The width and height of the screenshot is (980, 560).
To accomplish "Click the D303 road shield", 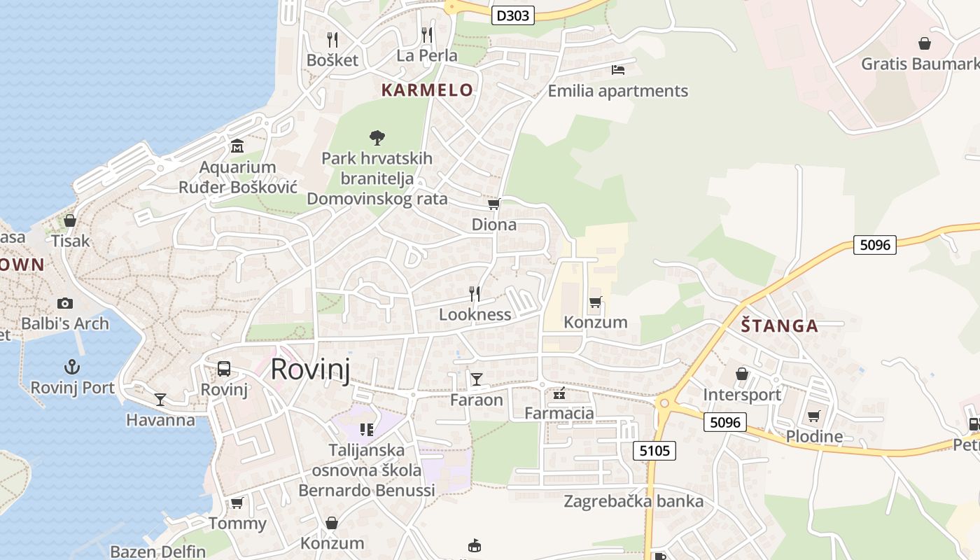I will [x=513, y=15].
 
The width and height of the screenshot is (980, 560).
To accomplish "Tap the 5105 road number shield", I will [x=654, y=451].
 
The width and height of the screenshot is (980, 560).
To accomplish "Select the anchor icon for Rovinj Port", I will [x=71, y=367].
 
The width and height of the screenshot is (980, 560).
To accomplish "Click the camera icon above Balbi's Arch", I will [x=65, y=303].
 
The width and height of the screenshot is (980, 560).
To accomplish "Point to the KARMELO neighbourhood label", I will [x=427, y=90].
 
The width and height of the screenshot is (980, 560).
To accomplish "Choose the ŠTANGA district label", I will [x=779, y=325].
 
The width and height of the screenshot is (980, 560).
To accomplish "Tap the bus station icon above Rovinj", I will [x=224, y=369].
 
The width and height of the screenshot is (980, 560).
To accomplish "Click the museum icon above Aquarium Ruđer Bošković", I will [x=237, y=146].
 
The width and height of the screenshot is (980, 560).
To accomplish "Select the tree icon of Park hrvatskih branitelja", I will [x=377, y=137].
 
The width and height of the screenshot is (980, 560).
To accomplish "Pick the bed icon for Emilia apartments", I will [x=617, y=69].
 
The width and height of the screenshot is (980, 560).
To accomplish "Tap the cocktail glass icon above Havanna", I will [x=160, y=400].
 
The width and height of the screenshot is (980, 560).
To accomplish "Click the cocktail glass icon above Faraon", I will [x=477, y=379].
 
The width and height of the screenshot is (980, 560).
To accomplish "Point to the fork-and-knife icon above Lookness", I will [x=475, y=293].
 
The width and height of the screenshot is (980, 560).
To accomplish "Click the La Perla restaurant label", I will [x=427, y=55].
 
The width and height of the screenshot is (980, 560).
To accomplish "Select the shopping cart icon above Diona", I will [x=493, y=204].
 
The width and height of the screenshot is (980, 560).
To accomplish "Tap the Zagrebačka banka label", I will [x=633, y=501].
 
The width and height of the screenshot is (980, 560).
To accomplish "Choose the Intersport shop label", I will [x=742, y=395].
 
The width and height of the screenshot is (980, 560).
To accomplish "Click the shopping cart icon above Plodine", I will [x=813, y=416].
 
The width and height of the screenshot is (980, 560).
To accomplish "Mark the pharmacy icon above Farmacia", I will [x=559, y=393].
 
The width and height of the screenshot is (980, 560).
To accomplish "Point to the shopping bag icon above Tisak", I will [x=70, y=220].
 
